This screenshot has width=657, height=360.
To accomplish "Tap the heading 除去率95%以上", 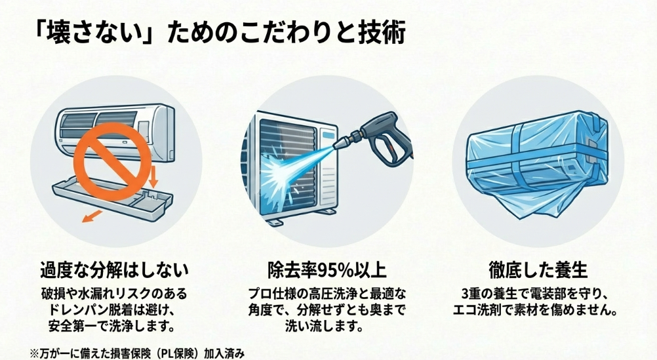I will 327,270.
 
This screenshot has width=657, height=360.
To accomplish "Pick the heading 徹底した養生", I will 538,270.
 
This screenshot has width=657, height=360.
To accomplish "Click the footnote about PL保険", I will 137,352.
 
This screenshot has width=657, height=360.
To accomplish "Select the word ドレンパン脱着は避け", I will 114,308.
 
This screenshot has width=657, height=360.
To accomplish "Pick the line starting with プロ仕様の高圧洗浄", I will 327,292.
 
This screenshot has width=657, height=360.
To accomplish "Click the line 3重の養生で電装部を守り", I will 538,292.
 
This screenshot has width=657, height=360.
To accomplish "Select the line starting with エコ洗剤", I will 538,308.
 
